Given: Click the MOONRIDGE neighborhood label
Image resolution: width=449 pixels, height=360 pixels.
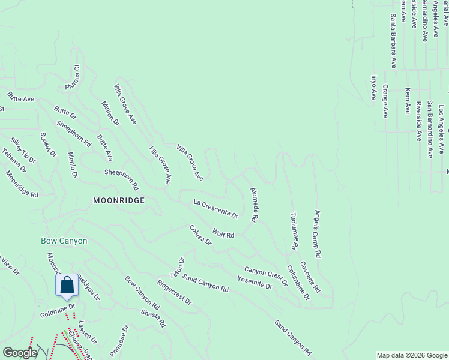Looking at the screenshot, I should tap(119, 200).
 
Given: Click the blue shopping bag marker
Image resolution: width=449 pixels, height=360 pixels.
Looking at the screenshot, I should tap(67, 286).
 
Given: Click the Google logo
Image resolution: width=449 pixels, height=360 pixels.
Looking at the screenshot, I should tap(20, 353).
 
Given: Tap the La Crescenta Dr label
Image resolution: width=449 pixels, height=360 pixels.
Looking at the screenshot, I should tap(215, 209).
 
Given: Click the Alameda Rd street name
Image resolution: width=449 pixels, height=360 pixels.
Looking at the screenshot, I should tap(254, 205).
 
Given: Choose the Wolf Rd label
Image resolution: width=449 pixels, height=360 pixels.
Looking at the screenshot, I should tap(223, 233).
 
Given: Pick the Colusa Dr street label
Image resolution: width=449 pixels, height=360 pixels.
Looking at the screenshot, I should tap(200, 235).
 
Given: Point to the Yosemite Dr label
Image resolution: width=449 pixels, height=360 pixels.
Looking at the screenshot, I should tap(255, 283).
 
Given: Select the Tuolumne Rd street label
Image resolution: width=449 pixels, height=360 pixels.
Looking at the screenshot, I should tap(294, 230).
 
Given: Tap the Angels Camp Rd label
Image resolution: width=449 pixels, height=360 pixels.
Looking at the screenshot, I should tap(318, 233).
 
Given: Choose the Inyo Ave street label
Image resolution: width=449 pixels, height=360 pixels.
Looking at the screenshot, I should tap(373, 87).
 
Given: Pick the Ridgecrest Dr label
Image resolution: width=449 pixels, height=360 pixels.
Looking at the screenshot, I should tap(173, 291).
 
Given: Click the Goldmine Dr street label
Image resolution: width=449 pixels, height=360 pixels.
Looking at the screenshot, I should tap(57, 310).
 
